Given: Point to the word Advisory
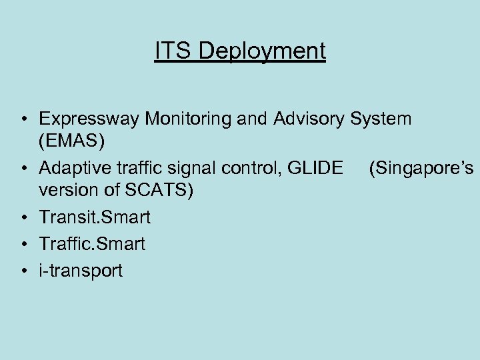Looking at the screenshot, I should pos(309,120).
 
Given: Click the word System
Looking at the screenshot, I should pos(381,120).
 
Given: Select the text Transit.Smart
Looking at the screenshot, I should pos(95,217).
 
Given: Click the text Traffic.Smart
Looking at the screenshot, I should pos(92,244).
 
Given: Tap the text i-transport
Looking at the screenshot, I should pos(81,271).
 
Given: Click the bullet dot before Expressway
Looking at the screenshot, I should pos(23,121).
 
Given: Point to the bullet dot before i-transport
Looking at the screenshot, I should pos(23,271).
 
